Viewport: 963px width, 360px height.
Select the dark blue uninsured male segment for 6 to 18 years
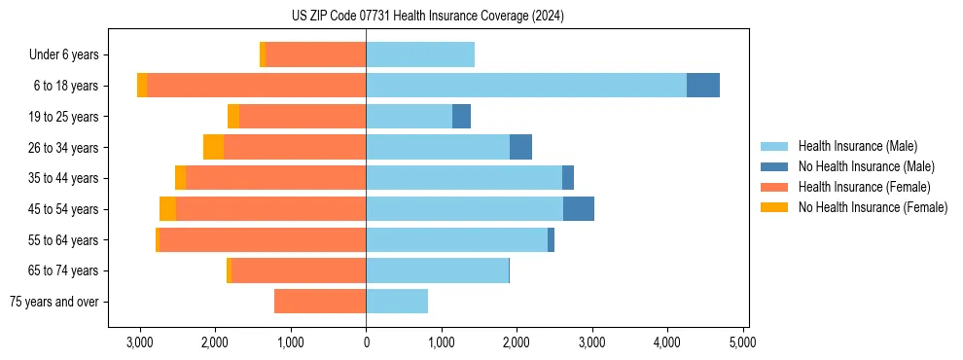(702, 86)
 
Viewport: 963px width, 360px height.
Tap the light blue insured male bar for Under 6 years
(420, 54)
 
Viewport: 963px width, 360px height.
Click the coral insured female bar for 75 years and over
(320, 302)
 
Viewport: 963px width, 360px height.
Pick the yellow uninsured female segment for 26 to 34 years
(213, 147)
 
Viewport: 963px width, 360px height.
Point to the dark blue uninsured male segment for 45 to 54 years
(578, 209)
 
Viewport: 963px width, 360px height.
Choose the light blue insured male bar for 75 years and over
(397, 302)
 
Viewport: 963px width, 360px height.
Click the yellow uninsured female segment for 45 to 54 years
(167, 209)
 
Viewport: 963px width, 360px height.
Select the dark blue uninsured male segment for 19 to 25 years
(461, 117)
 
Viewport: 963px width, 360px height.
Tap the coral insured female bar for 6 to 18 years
(256, 86)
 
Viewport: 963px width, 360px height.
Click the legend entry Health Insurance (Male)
(857, 146)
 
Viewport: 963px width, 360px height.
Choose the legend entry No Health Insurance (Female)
(873, 207)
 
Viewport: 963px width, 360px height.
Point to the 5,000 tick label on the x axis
(743, 342)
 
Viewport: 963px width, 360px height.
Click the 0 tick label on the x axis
(366, 342)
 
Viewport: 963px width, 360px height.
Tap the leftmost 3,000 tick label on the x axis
(140, 342)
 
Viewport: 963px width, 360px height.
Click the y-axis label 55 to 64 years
(64, 240)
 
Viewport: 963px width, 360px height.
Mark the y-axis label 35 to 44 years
(64, 179)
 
